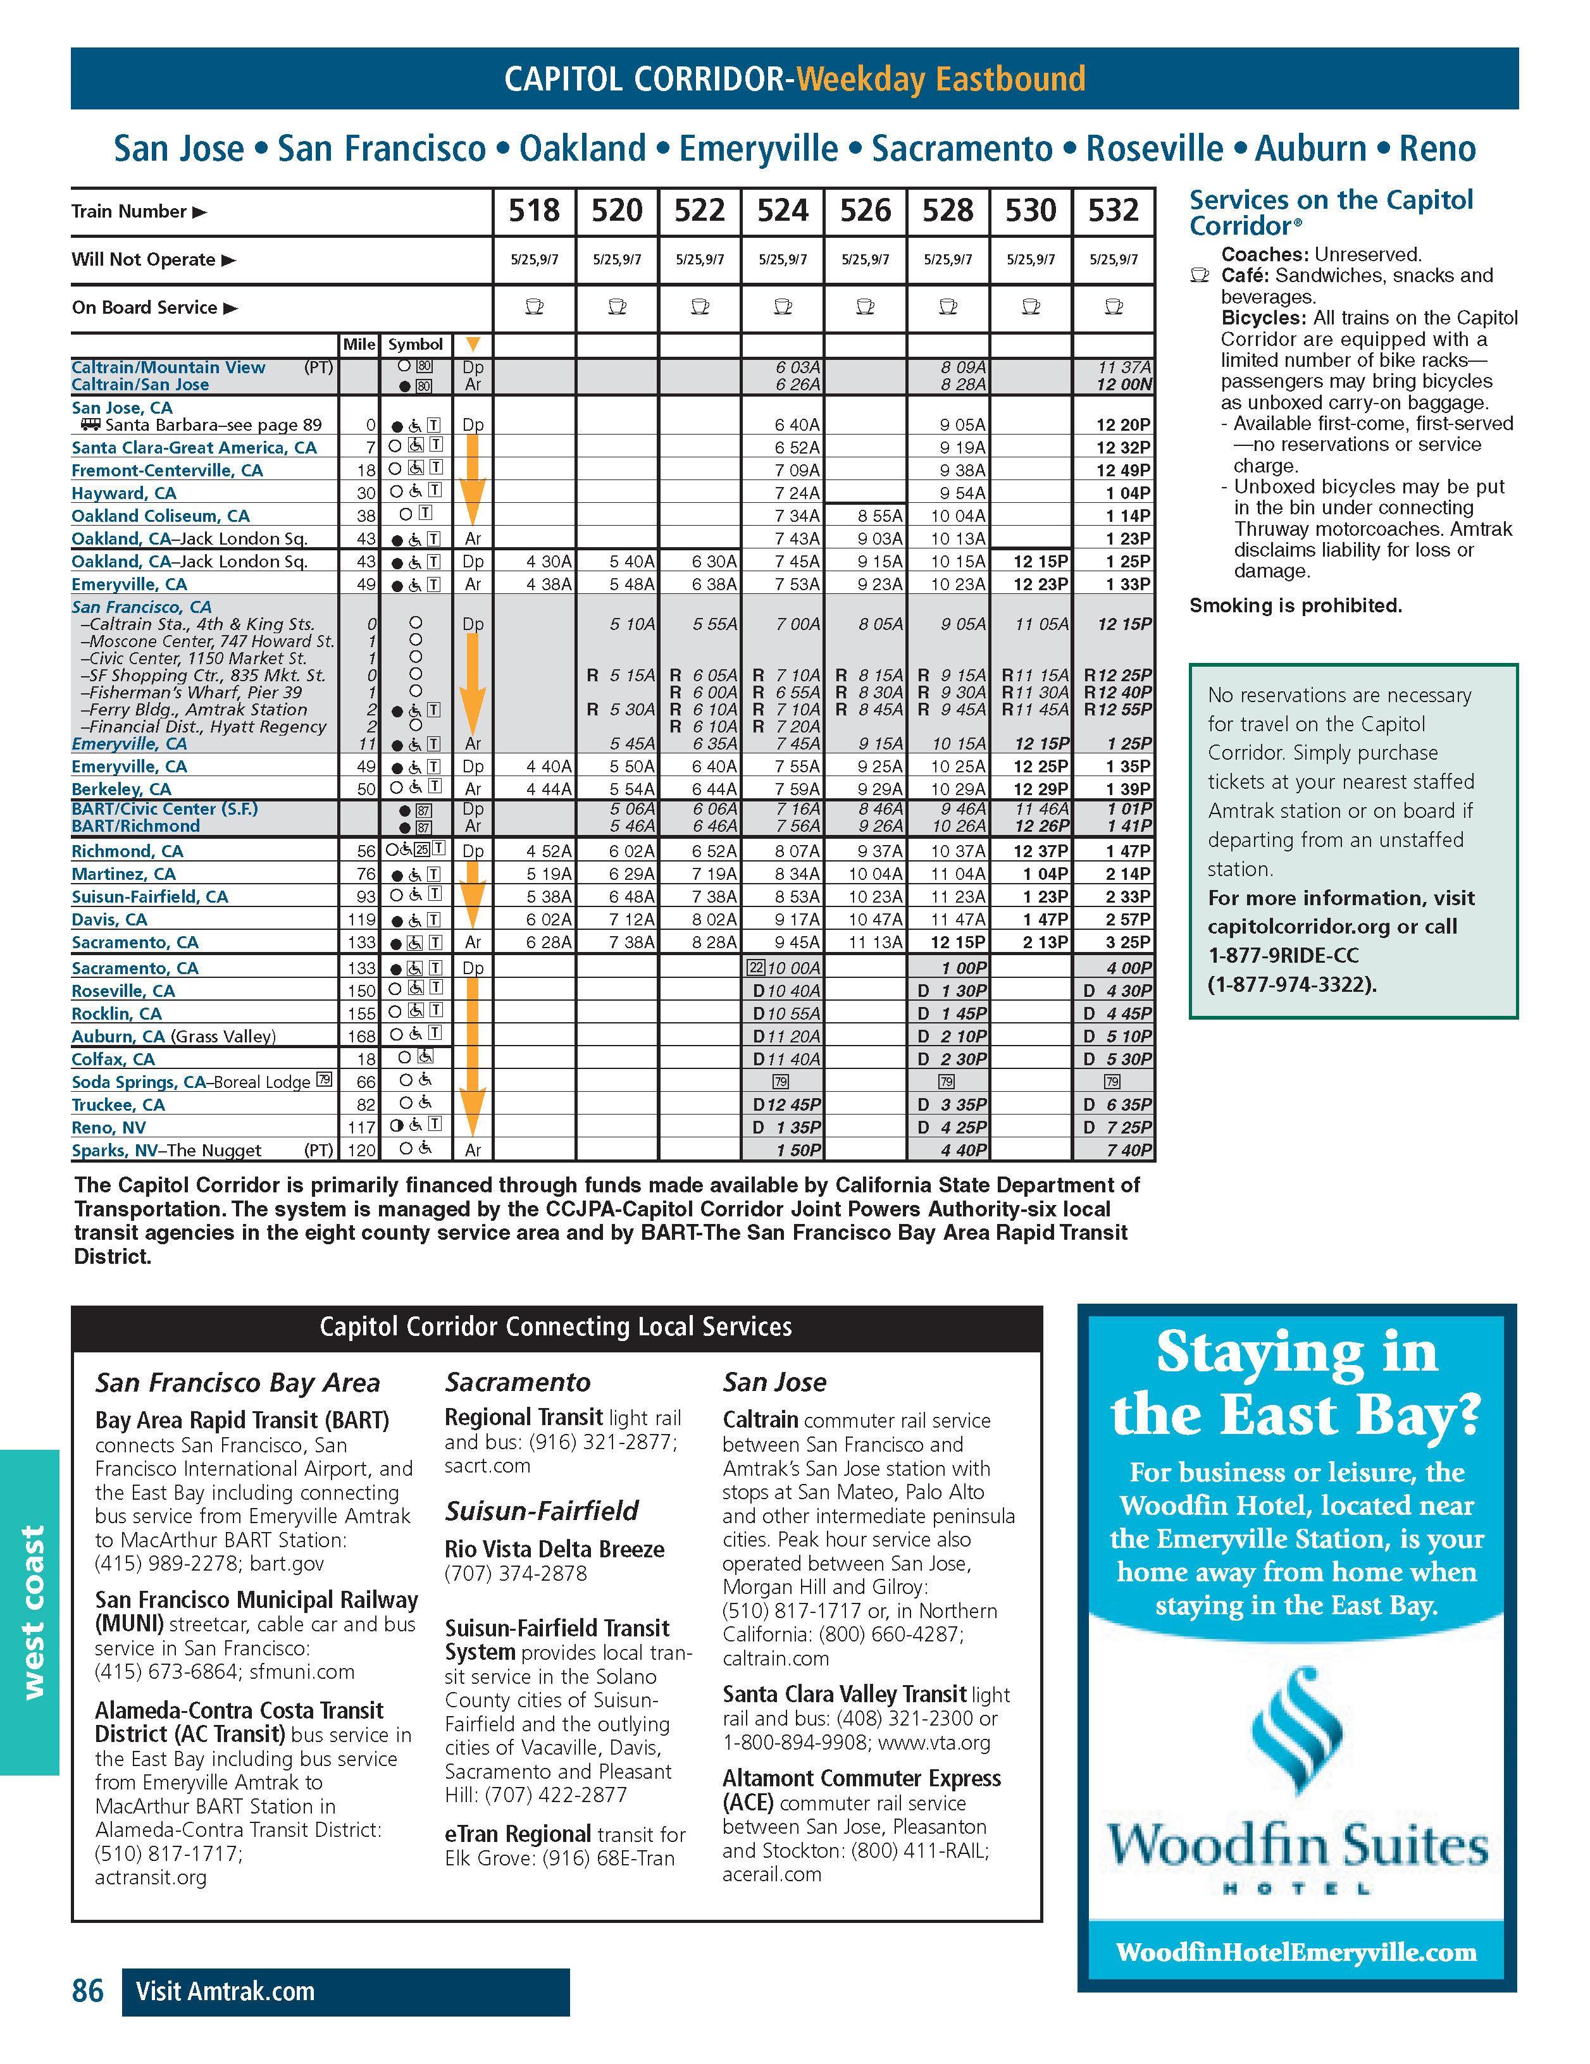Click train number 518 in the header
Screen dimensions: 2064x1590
coord(534,211)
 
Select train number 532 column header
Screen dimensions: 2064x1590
coord(1113,211)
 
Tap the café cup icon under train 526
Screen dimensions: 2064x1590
coord(865,307)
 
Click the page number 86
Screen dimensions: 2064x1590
coord(88,1991)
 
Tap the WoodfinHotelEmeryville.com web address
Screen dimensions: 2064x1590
coord(1296,1951)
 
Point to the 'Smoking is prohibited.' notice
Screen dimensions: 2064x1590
coord(1295,606)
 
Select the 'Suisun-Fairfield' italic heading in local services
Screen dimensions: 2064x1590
coord(542,1511)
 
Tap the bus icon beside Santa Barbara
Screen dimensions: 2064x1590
coord(90,425)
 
